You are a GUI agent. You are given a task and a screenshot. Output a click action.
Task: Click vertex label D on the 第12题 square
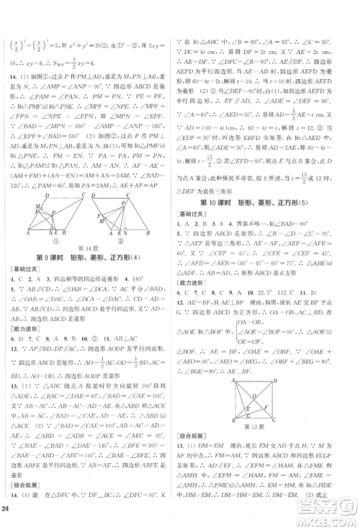(x=274, y=382)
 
